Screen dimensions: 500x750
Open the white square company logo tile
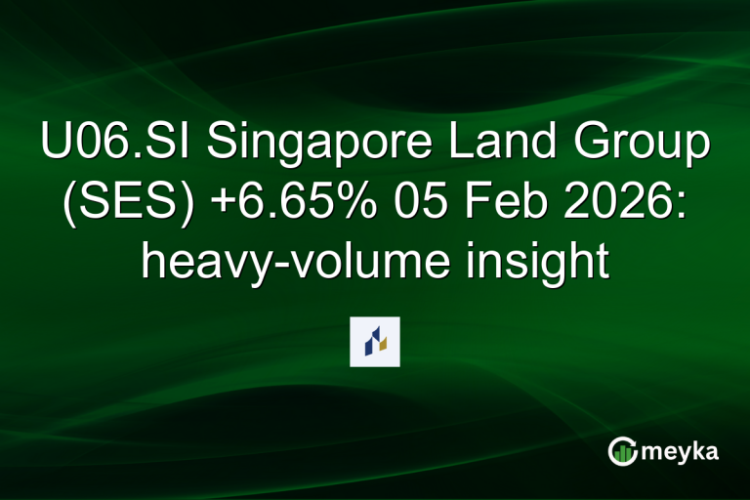[x=375, y=342]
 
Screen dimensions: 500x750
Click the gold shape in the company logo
[x=384, y=344]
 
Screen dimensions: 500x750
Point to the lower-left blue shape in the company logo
[x=369, y=346]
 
